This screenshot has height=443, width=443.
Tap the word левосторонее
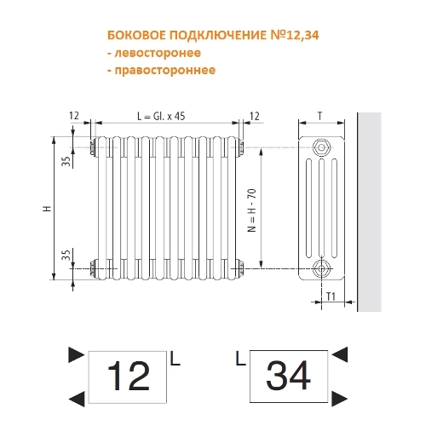pos(158,53)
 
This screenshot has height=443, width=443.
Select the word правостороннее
pos(165,70)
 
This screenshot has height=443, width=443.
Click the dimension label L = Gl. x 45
pos(161,116)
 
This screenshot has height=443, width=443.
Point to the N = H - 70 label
pos(252,210)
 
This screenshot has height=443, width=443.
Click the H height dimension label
pos(47,209)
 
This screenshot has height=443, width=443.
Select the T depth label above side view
pos(320,116)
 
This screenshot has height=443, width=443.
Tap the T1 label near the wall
pos(331,296)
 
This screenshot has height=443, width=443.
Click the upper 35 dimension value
pos(66,161)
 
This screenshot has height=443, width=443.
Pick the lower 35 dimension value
pos(66,255)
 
